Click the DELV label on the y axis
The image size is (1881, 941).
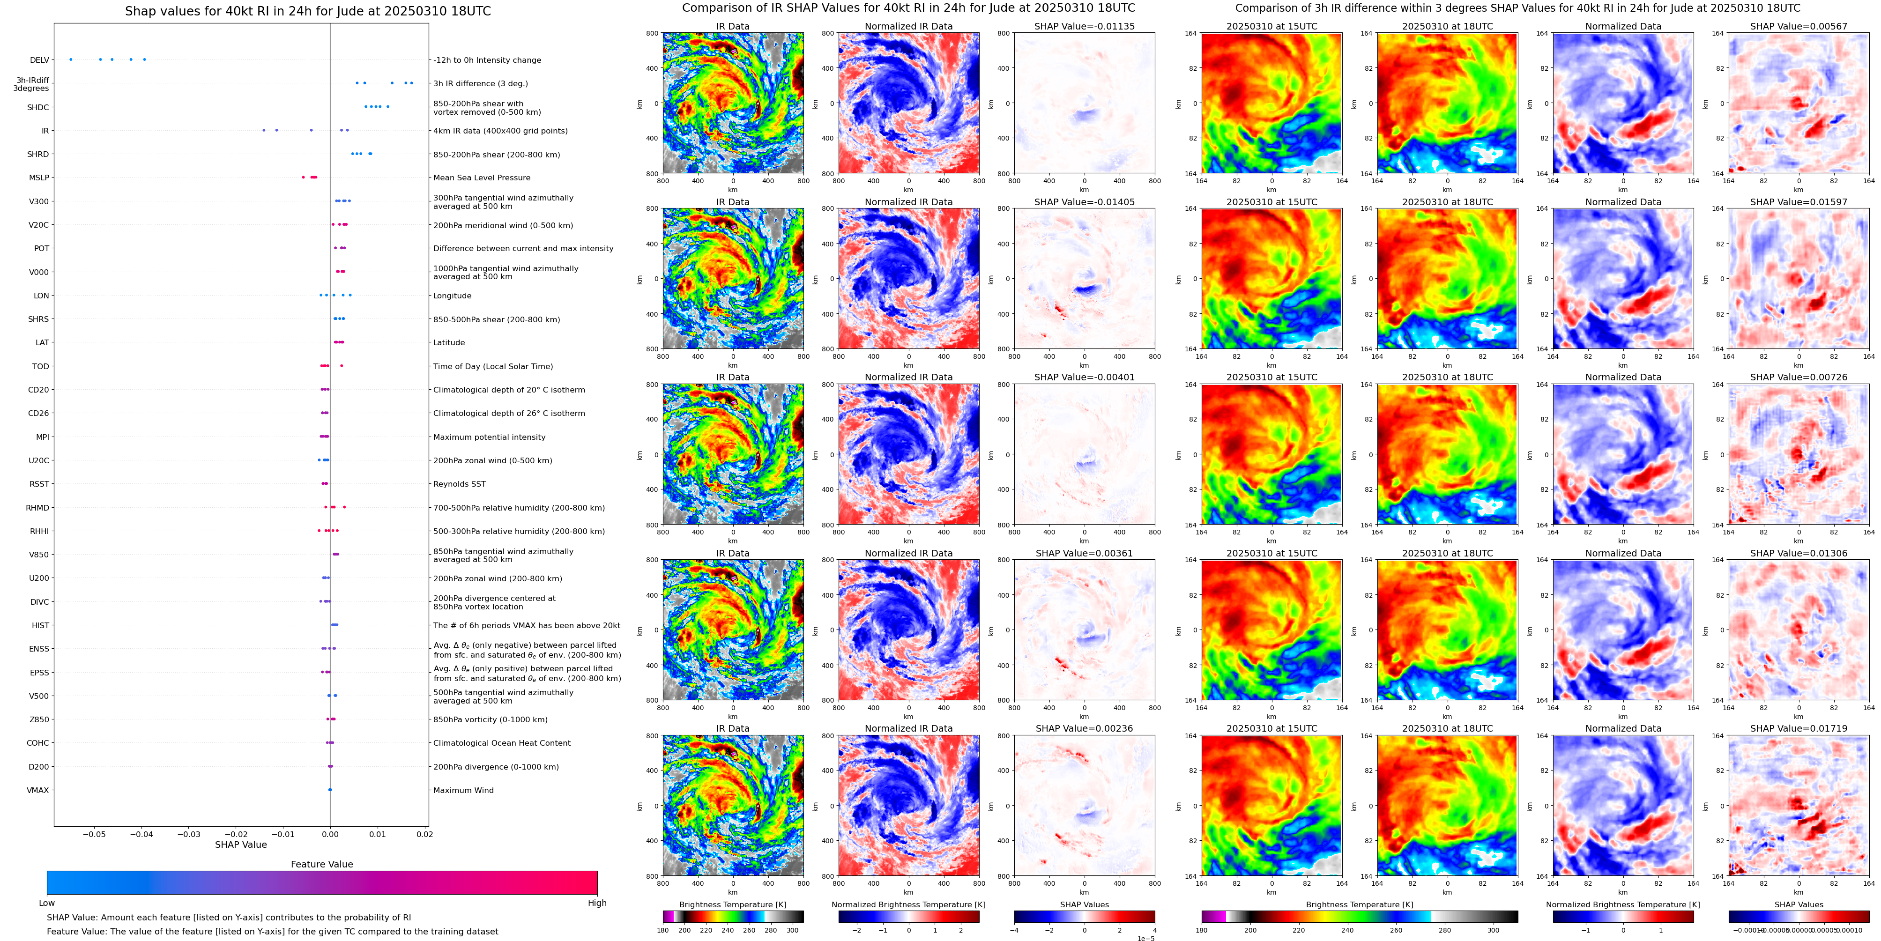tap(39, 60)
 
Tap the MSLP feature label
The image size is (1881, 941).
tap(39, 178)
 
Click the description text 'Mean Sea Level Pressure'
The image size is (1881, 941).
tap(481, 178)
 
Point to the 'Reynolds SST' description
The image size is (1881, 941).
tap(459, 484)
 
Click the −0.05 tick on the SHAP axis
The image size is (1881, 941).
tap(94, 834)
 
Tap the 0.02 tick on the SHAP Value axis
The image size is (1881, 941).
tap(424, 834)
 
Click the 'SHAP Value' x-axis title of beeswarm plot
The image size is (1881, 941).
tap(240, 845)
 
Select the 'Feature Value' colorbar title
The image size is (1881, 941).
tap(321, 864)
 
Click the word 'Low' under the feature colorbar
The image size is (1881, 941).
tap(47, 903)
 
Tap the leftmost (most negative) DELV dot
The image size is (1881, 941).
tap(71, 59)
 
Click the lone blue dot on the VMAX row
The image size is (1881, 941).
tap(330, 790)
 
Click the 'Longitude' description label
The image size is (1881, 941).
tap(452, 296)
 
